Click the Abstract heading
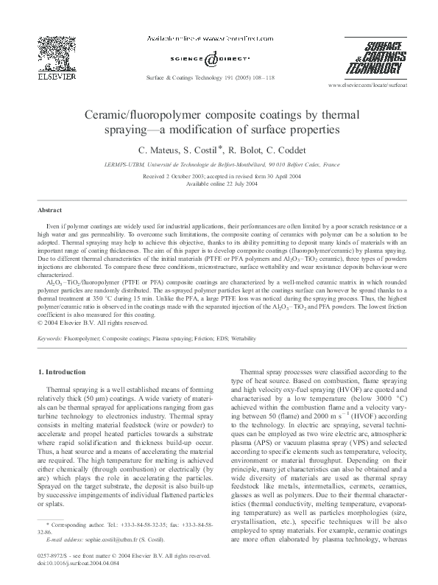click(50, 209)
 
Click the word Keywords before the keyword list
click(49, 340)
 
